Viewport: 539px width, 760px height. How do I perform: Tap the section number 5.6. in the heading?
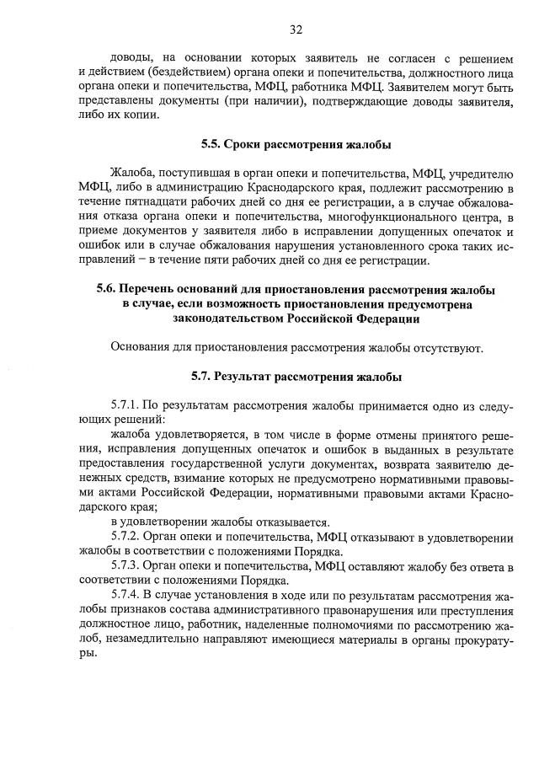coord(114,290)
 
